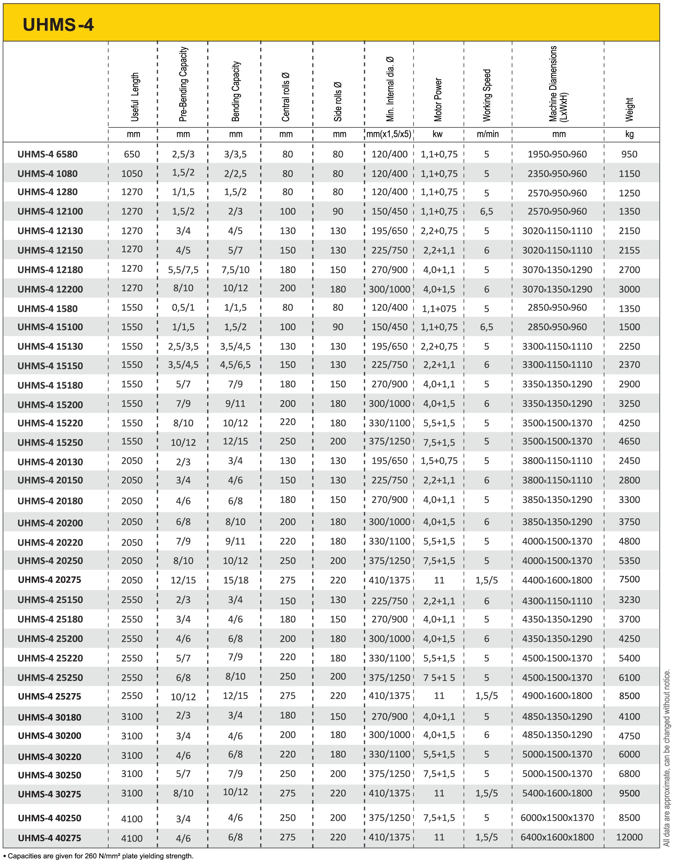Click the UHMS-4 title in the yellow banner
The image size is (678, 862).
[58, 25]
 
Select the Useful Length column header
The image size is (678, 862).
[135, 97]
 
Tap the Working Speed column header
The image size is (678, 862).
[487, 95]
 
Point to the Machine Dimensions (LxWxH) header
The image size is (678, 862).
[558, 84]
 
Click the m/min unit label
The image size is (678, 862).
[487, 134]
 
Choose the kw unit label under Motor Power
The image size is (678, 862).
[437, 134]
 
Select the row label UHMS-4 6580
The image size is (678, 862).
[47, 154]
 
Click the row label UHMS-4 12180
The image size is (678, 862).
[50, 270]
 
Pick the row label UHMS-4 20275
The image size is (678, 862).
[49, 579]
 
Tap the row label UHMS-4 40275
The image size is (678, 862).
[49, 838]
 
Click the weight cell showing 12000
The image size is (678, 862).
[629, 837]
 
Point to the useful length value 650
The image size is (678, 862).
[132, 154]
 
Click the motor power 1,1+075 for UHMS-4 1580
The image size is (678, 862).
[439, 309]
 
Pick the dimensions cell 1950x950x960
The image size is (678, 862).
[557, 154]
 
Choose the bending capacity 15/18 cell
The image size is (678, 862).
[235, 580]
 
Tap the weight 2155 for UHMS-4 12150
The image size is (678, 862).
[629, 250]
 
